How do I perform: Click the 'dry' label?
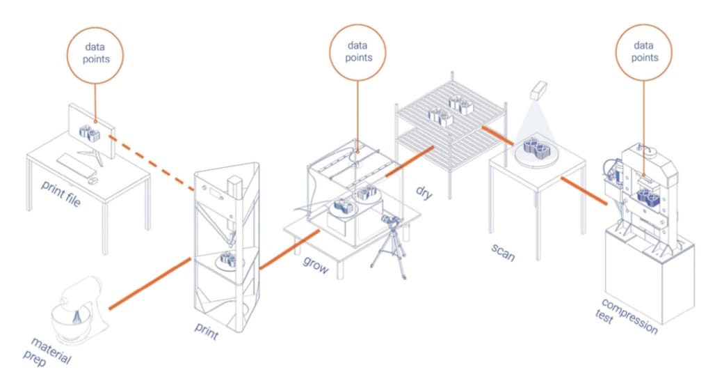[424, 192]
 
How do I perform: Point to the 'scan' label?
[503, 253]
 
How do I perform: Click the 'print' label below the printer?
[206, 333]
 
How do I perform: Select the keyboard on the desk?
[77, 164]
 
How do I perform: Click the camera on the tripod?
[392, 222]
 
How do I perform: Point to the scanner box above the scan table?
[539, 90]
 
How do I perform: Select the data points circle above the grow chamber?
[358, 53]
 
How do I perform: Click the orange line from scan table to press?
[584, 191]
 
